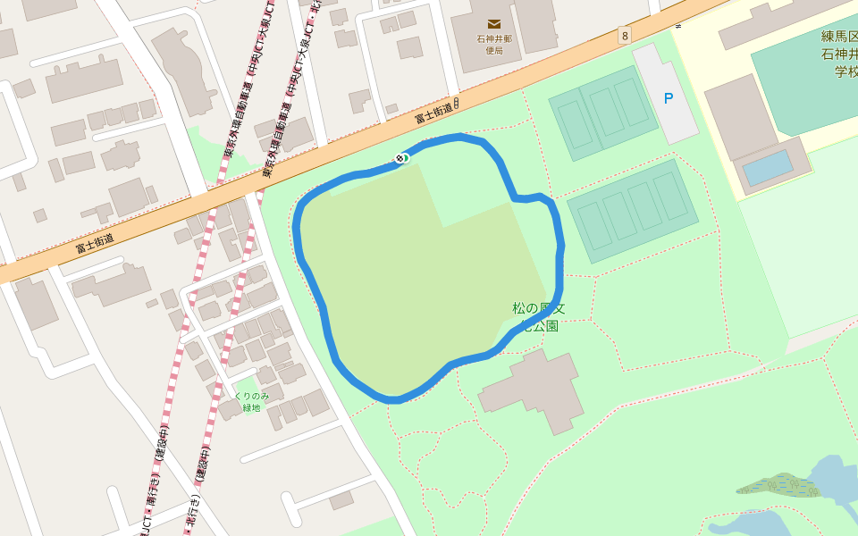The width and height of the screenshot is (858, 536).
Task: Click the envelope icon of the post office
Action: [494, 24]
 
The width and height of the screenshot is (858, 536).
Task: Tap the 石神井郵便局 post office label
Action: [494, 45]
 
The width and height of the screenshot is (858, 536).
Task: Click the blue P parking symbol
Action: [668, 98]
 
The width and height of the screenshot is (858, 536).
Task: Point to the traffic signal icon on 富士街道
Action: [456, 103]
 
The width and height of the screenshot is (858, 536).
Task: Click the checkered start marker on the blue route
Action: [400, 159]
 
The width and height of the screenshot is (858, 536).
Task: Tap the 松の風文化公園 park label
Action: [539, 317]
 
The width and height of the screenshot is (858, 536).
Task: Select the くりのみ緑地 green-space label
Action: [251, 401]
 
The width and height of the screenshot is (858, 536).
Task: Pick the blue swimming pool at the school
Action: [767, 168]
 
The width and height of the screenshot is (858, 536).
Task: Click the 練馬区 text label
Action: [839, 38]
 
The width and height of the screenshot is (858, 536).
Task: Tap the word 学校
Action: [845, 71]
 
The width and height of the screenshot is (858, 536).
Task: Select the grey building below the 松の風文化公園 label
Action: [534, 390]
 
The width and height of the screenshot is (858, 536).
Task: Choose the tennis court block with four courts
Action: [633, 211]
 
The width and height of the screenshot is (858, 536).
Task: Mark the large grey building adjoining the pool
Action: [738, 116]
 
